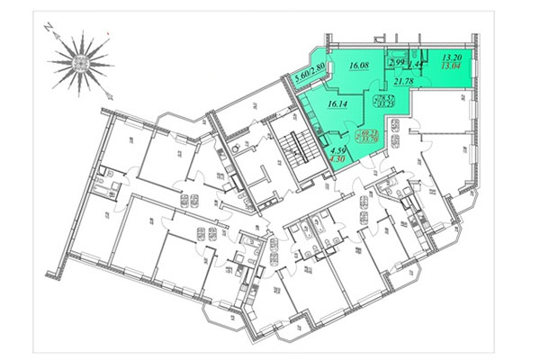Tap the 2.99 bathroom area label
[x=397, y=62]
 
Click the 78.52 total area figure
[x=386, y=97]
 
